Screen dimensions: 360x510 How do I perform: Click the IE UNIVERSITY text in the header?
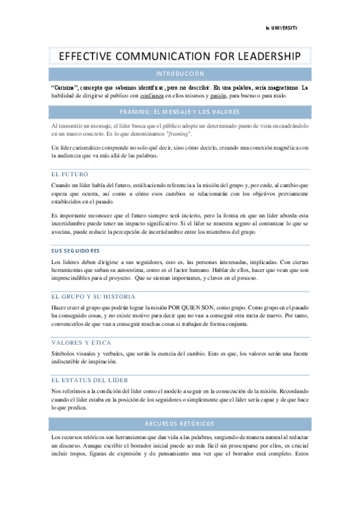point(281,28)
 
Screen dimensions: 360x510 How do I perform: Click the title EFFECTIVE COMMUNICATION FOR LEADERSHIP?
point(179,57)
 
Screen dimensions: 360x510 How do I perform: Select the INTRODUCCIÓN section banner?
point(180,74)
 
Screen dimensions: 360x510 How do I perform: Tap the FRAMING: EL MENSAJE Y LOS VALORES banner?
point(180,112)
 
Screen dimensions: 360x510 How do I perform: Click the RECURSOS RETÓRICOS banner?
point(180,424)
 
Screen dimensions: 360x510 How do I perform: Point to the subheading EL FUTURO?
point(70,174)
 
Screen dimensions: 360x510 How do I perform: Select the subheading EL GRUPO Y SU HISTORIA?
point(93,296)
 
